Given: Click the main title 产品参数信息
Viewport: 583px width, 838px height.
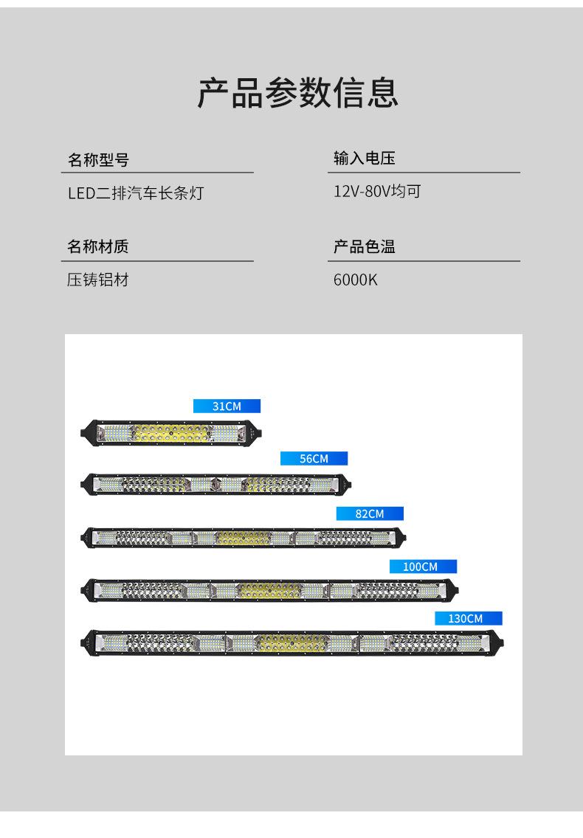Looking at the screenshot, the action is [297, 93].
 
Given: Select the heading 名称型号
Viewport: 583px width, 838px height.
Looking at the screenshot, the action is [98, 159].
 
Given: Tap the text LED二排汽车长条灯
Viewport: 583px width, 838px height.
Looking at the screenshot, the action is [135, 193].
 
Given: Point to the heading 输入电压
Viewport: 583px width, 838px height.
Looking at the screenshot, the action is [365, 159].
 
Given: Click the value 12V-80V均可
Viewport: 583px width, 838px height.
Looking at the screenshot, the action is [377, 192].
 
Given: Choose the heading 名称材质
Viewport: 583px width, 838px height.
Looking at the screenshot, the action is [98, 246].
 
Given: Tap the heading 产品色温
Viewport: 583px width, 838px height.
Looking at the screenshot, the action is [365, 246].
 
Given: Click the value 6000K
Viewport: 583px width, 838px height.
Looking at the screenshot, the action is [356, 280].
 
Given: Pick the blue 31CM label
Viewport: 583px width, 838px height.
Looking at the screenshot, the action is [227, 406].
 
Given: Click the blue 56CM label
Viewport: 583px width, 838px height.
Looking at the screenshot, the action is [314, 459].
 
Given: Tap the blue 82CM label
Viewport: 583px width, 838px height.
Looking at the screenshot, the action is [370, 513].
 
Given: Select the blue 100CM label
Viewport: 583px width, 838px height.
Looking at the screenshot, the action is [423, 567].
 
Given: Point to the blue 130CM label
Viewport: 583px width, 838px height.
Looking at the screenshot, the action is [468, 618].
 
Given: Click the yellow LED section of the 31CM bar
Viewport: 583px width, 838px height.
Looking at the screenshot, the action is [171, 432].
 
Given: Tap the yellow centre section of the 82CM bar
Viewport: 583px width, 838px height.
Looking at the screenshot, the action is [244, 537].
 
